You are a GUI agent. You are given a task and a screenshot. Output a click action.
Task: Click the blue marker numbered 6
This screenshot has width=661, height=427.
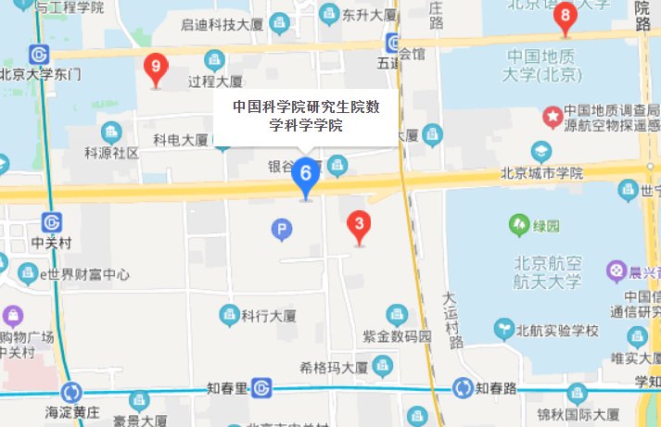305,174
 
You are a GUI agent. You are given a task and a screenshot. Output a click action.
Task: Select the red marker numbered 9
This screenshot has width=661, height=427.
157,67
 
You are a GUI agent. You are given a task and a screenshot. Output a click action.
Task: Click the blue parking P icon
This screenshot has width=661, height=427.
280,228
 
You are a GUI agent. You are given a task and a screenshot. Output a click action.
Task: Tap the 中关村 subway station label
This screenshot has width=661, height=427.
51,244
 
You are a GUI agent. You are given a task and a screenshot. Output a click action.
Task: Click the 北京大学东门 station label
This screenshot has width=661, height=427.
41,73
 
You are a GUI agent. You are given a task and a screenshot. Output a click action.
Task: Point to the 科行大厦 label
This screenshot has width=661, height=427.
267,316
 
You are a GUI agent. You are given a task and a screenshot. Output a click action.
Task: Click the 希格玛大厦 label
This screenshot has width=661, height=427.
335,367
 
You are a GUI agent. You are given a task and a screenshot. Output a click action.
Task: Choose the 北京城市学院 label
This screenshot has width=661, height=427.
541,172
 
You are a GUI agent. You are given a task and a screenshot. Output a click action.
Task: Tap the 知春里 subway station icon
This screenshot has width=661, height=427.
261,388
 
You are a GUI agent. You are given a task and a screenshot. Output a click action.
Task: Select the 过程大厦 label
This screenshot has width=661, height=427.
214,81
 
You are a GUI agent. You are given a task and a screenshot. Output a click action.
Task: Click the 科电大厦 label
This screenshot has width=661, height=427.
181,140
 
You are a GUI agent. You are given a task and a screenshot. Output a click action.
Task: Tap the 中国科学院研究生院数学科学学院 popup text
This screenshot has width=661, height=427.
306,116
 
